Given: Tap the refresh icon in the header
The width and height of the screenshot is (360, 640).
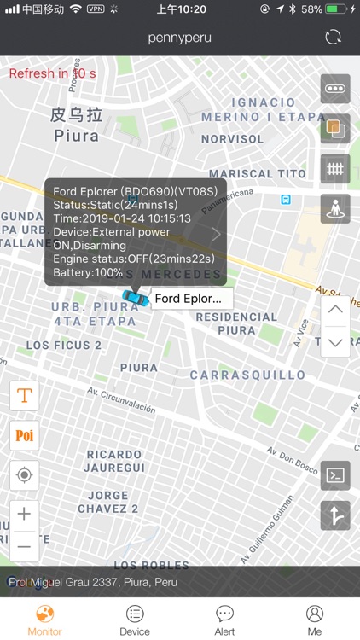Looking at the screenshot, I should click(x=334, y=38).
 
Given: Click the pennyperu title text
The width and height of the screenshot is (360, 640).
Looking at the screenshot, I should click(x=179, y=38).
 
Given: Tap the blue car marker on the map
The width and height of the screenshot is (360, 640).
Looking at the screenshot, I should click(x=134, y=297).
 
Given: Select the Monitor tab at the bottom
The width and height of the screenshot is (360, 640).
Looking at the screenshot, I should click(x=44, y=620).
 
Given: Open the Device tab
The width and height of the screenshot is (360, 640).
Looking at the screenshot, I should click(x=135, y=620).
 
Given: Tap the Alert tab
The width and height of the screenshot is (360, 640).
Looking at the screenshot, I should click(x=224, y=620).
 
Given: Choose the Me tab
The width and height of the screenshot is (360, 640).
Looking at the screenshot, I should click(x=315, y=620).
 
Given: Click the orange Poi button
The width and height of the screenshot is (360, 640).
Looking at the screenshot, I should click(x=25, y=435).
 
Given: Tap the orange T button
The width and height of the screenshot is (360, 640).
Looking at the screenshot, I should click(x=25, y=395).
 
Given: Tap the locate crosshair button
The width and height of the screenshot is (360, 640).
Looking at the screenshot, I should click(x=25, y=474).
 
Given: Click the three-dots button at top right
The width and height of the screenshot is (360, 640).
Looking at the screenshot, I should click(x=335, y=89).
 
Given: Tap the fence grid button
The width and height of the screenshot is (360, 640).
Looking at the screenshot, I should click(x=335, y=168).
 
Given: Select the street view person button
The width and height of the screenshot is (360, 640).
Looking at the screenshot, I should click(x=335, y=208).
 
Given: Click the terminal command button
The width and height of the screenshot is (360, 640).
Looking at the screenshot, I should click(x=335, y=475).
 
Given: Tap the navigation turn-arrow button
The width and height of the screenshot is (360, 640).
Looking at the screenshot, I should click(x=335, y=515).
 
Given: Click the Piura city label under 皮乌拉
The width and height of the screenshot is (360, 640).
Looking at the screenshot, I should click(x=77, y=136).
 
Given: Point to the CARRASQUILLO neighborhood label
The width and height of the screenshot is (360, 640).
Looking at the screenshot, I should click(x=247, y=375).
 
